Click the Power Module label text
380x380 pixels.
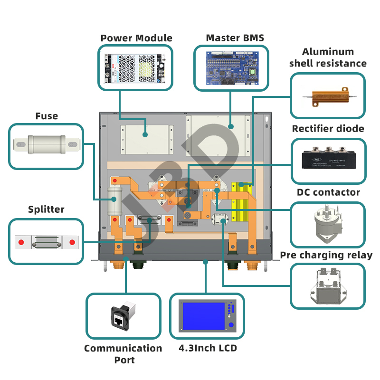136,38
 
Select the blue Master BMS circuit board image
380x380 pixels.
231,68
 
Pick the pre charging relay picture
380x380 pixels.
328,286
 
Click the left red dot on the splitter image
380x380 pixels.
20,242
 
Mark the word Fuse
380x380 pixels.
47,116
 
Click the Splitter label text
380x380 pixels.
46,209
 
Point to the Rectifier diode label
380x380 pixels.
328,129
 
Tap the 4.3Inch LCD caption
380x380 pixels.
208,348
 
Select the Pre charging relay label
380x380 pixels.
326,255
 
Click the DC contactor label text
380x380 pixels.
328,192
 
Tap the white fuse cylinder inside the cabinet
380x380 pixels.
114,201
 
